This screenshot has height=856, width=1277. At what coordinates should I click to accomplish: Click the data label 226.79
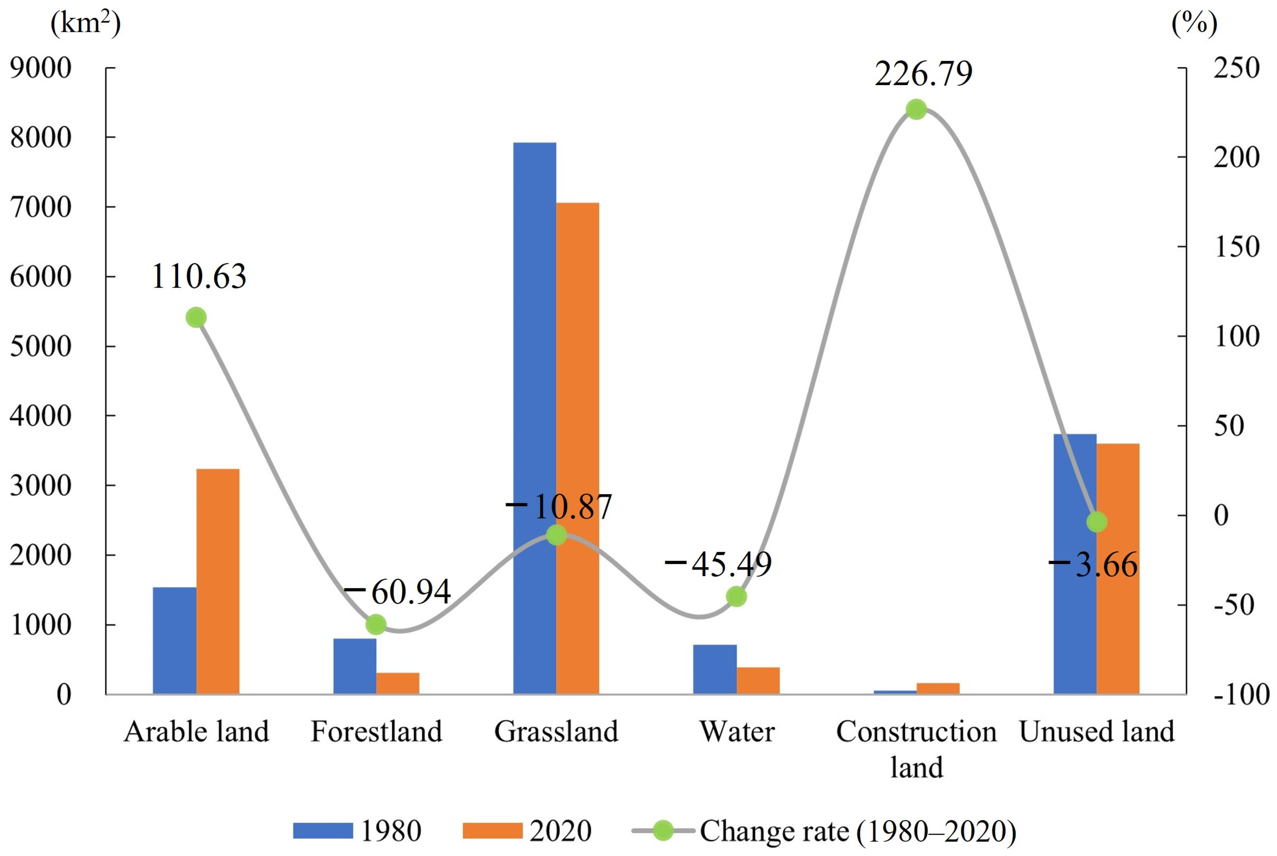[x=923, y=74]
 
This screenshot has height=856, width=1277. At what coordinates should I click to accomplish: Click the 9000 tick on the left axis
[x=41, y=68]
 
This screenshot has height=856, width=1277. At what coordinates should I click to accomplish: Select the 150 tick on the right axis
[x=1236, y=247]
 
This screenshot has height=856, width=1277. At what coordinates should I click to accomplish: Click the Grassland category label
[x=556, y=732]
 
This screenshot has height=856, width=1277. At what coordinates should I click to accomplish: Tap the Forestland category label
[x=376, y=732]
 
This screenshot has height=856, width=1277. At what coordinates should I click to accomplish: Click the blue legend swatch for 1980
[x=323, y=830]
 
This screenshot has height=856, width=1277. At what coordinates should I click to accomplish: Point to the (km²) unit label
[x=85, y=23]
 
